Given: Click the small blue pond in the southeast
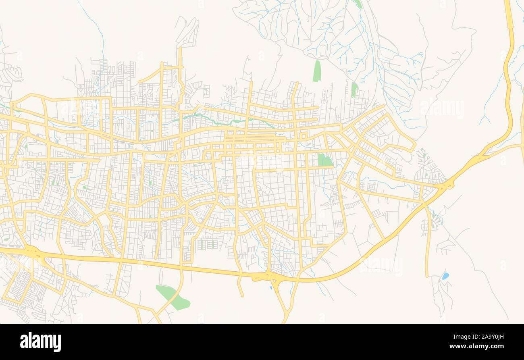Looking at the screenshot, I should (x=445, y=276).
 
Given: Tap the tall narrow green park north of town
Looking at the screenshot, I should (x=317, y=71).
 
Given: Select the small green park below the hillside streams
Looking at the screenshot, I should (x=354, y=89).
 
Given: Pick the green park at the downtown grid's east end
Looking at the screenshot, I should (x=324, y=160).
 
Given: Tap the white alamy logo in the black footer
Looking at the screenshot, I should (x=40, y=342).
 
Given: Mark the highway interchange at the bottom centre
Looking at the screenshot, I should (x=272, y=277).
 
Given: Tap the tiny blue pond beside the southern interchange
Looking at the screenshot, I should (x=270, y=287).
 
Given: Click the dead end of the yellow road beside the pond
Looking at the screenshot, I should (x=427, y=276).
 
